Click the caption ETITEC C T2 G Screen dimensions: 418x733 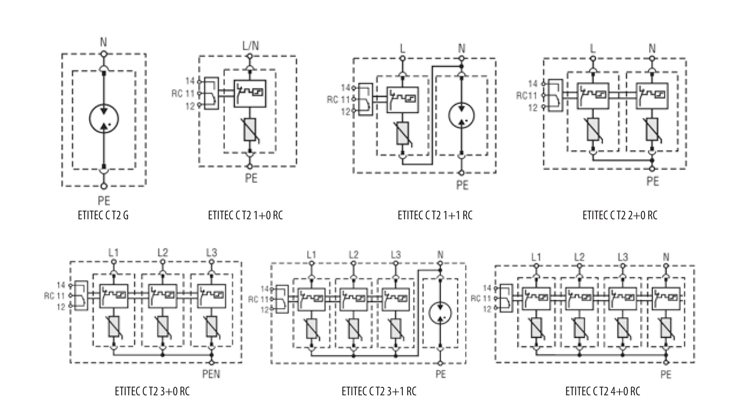coord(103,215)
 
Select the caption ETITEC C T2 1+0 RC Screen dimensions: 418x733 coord(245,215)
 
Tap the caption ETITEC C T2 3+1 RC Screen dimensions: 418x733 coord(379,392)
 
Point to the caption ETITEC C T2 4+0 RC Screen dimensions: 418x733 coord(603,392)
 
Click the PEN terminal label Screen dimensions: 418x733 coord(211,373)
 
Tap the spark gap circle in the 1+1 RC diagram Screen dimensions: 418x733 coord(461,115)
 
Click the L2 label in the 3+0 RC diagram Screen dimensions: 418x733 coord(162,253)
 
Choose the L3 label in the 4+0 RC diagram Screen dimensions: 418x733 coord(623,257)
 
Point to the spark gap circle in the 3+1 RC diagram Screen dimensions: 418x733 coord(440,313)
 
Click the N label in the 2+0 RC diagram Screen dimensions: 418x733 coord(652,48)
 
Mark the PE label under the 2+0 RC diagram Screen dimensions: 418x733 coord(653,181)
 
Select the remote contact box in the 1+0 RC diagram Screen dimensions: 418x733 coord(211,93)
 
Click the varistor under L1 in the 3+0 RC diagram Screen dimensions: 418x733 coord(114,326)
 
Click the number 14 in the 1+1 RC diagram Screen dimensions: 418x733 coord(346,87)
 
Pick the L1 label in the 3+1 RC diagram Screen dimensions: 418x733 coord(311,255)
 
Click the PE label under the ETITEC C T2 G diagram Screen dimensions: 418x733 coord(104,201)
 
